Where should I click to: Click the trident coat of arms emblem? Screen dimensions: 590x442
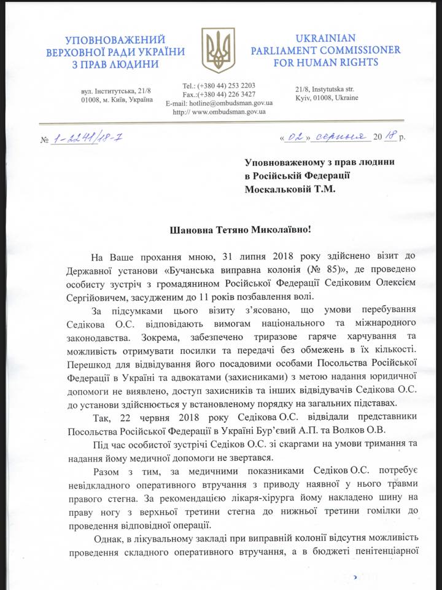tap(221, 49)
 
